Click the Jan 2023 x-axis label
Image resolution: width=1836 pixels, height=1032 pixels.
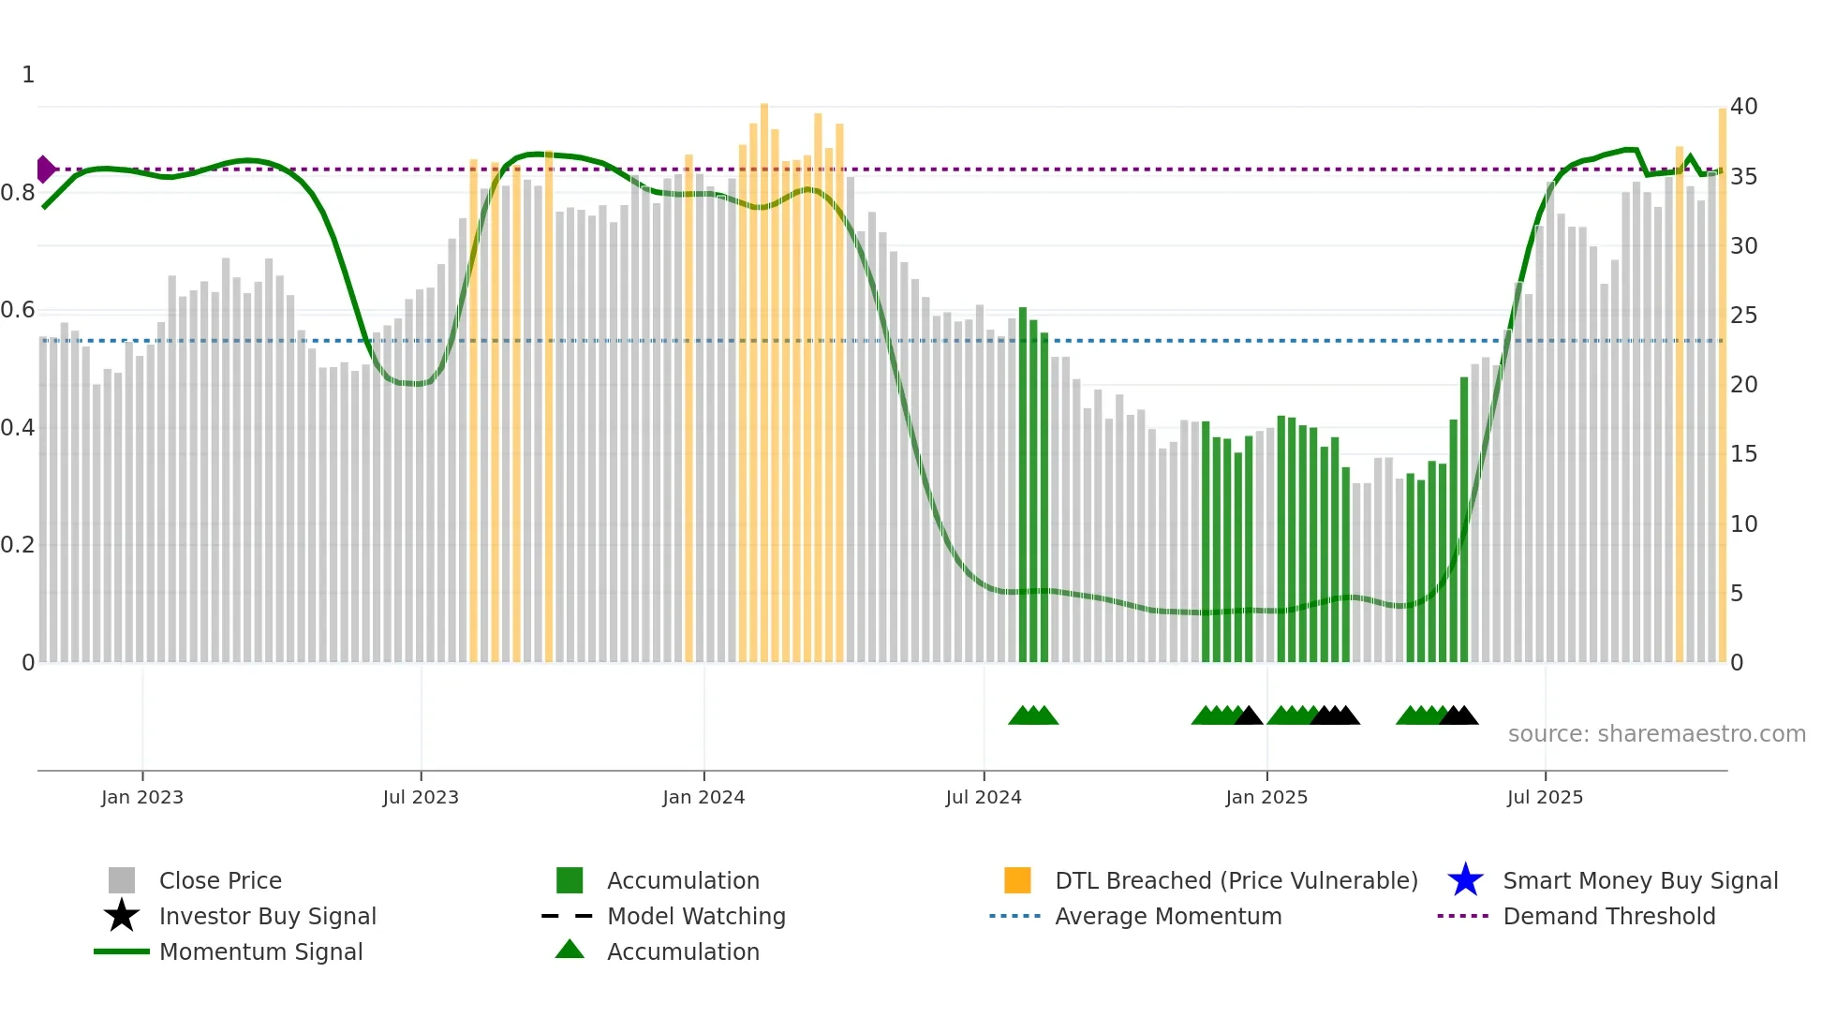tap(142, 797)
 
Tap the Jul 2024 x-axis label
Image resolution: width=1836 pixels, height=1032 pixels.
tap(983, 797)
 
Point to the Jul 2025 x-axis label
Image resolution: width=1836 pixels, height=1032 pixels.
tap(1545, 797)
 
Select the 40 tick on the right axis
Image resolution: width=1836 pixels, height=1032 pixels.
tap(1743, 107)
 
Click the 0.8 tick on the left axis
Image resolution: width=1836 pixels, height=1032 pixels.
tap(19, 193)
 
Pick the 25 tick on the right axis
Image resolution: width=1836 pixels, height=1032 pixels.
tap(1743, 316)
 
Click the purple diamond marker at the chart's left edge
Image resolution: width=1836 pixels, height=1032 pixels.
tap(45, 170)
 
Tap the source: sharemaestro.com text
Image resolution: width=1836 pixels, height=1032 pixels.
tap(1656, 734)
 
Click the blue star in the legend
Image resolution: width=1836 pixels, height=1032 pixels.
tap(1465, 880)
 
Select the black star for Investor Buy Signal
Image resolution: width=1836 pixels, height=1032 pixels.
tap(122, 916)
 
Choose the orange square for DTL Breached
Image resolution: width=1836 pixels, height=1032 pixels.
tap(1017, 880)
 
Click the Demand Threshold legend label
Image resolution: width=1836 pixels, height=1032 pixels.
tap(1608, 916)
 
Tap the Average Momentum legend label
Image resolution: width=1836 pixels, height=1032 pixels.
tap(1168, 916)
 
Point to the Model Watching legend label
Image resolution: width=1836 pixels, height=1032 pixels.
tap(696, 916)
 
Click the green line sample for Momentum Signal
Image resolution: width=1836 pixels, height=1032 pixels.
tap(122, 951)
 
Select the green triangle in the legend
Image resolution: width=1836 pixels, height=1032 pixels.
tap(570, 950)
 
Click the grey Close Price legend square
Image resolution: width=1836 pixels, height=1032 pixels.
tap(122, 880)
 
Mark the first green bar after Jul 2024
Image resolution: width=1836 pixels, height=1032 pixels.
tap(1023, 487)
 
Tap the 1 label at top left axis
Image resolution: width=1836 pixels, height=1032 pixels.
tap(28, 75)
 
